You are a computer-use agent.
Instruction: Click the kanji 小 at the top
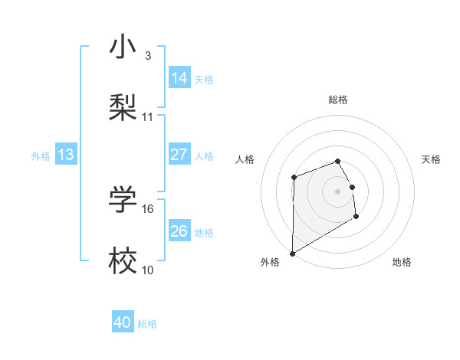123,47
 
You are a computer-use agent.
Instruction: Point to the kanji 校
123,260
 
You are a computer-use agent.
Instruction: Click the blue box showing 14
179,78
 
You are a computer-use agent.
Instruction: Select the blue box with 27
179,155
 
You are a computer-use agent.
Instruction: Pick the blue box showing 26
179,231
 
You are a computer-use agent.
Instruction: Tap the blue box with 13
66,155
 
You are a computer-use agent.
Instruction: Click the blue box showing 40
123,322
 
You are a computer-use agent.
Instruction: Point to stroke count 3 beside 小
148,56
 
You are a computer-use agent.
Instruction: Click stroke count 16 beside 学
148,208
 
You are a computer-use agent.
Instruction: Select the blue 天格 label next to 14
204,79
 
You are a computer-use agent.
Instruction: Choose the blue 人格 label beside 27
204,155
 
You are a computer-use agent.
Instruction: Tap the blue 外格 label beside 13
41,155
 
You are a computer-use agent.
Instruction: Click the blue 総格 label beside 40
147,323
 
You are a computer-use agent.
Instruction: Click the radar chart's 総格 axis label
338,100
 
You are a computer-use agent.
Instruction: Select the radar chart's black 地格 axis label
402,262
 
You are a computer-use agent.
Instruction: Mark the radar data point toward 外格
292,254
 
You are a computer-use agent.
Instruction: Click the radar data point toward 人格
294,178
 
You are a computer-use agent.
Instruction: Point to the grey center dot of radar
338,191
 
